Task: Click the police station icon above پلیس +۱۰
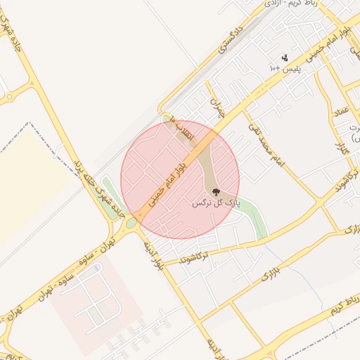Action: pos(285,58)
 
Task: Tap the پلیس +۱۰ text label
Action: pos(284,69)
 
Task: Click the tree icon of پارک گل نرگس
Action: pos(215,192)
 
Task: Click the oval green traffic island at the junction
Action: pos(131,224)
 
